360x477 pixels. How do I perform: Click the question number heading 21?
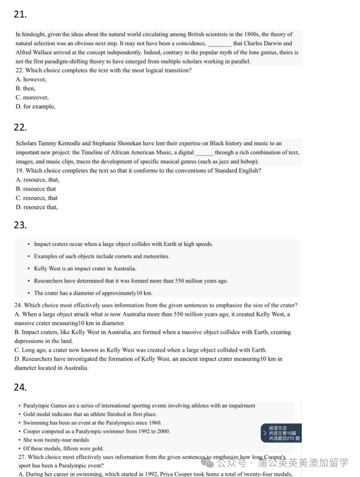click(20, 15)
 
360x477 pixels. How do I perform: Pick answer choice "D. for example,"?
click(35, 107)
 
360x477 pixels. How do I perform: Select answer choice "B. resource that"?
click(36, 189)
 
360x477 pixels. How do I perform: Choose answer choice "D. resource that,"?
click(37, 207)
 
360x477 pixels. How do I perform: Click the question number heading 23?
click(20, 225)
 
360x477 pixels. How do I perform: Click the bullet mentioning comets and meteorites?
click(101, 257)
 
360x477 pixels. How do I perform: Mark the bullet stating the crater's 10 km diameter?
click(93, 293)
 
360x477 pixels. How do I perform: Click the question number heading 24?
click(20, 387)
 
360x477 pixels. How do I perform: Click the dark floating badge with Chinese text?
click(281, 433)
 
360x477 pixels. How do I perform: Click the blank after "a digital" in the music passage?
click(204, 153)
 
